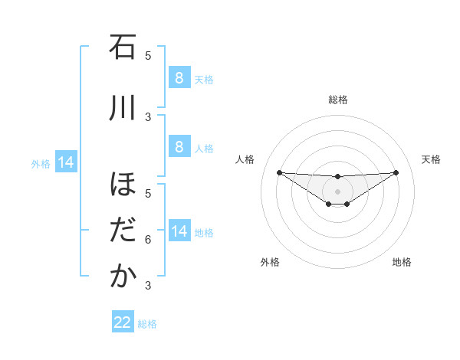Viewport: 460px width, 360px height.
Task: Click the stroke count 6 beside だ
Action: (148, 240)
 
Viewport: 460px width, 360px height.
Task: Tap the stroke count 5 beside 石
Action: (148, 55)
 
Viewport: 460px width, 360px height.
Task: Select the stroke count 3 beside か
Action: (148, 286)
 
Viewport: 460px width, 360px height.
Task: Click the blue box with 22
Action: (123, 322)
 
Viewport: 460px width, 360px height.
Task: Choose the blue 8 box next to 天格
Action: (179, 77)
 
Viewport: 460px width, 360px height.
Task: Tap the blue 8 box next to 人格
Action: (179, 146)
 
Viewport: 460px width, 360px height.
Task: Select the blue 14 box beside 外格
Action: (66, 162)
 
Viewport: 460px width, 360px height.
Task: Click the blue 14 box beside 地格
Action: (179, 231)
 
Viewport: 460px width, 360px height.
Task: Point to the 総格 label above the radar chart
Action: (337, 100)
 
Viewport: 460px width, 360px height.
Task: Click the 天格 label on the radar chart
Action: (431, 159)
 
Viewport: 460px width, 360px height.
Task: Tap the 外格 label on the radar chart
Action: (270, 262)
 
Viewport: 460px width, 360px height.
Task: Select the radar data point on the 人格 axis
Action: (279, 172)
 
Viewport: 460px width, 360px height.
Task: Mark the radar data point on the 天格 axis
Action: (396, 172)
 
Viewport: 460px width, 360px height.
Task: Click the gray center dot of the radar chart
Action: (337, 191)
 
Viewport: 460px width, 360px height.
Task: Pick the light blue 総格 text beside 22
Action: (147, 324)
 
